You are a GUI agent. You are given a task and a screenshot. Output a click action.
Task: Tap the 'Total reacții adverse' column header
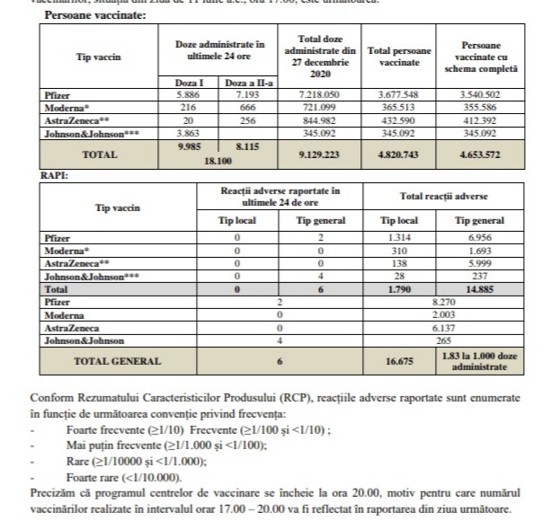point(450,194)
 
